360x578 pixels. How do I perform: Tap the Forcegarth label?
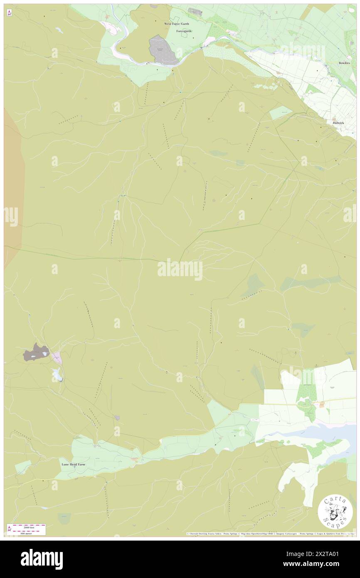(x=183, y=31)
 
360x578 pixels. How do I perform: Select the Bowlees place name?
(x=344, y=63)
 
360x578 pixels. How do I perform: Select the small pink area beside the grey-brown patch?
(x=57, y=357)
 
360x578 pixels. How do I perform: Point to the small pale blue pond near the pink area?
(x=57, y=374)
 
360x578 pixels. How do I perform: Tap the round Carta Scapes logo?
(x=335, y=513)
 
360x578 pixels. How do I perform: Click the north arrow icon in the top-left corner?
(x=9, y=13)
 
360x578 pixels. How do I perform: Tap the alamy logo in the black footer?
(x=42, y=559)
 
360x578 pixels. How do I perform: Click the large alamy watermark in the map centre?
(x=180, y=269)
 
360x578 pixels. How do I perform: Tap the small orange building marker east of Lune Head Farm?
(x=135, y=459)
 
